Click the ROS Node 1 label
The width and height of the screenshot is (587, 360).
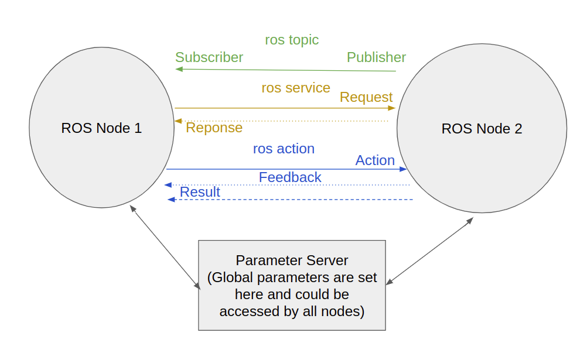(101, 128)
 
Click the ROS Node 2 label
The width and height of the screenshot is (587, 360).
(482, 129)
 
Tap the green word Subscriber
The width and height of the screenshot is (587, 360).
(209, 57)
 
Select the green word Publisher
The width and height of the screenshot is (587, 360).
(376, 57)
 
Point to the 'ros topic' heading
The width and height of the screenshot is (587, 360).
(292, 40)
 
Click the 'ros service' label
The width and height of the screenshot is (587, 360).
(296, 88)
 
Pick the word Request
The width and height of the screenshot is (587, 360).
(366, 97)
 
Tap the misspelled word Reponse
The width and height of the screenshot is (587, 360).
(214, 128)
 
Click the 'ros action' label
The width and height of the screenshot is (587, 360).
(284, 149)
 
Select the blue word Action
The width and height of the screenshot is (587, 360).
(375, 160)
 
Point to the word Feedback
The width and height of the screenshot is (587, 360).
(290, 177)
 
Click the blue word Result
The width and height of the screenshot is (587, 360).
(200, 192)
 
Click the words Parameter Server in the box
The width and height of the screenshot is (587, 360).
(292, 260)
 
